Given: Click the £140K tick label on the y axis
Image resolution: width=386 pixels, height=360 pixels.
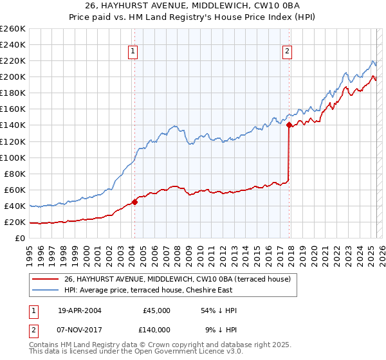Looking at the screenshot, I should [x=12, y=125].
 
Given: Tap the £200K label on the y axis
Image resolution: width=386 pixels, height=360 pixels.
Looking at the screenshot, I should [x=12, y=76].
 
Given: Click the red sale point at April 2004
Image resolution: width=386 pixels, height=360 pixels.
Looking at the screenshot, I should [x=135, y=202].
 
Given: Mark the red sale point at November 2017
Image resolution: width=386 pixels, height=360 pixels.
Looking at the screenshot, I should [x=289, y=125].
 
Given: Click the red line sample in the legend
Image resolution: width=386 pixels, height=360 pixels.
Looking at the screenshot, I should [x=46, y=279].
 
